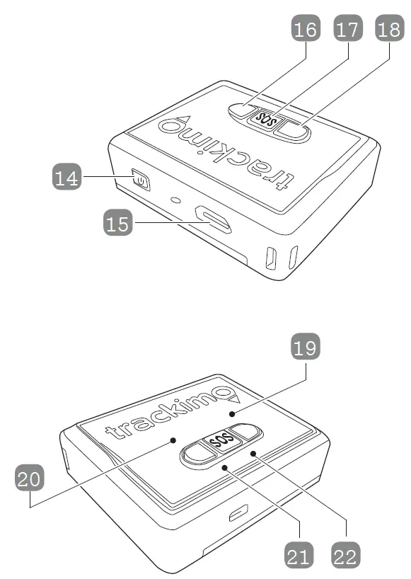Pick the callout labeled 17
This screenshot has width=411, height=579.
click(348, 30)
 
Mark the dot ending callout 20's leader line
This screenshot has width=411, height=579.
click(173, 440)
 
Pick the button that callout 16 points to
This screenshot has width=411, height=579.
click(241, 110)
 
